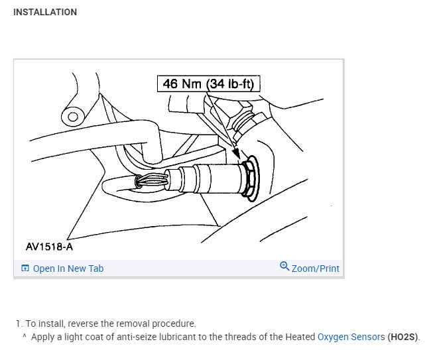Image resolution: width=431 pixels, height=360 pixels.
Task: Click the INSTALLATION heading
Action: coord(45,13)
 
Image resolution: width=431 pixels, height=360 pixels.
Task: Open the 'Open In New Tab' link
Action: coord(68,269)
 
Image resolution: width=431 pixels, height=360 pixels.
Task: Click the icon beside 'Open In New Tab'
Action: coord(25,269)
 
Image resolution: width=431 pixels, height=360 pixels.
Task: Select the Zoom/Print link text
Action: coord(316,269)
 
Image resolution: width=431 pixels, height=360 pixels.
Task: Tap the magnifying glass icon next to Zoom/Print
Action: coord(284,267)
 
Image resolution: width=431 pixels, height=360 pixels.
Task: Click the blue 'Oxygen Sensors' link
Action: coord(349,337)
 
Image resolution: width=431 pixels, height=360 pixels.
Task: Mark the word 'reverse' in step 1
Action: coord(78,324)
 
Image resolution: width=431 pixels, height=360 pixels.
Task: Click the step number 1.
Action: coord(19,324)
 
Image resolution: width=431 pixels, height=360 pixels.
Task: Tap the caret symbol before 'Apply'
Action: coord(24,337)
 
